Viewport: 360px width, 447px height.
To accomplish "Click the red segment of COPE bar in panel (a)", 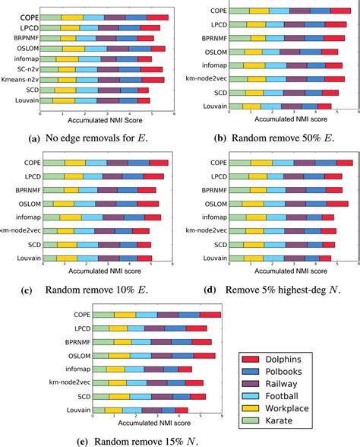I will click(x=158, y=17).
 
